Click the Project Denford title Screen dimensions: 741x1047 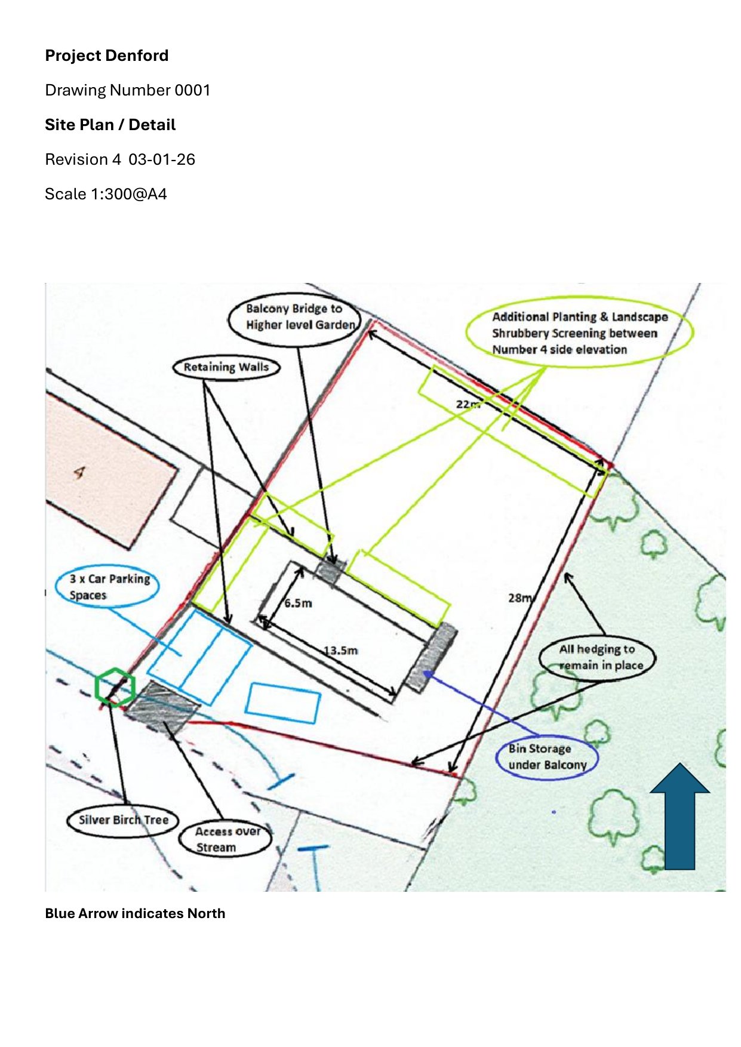107,56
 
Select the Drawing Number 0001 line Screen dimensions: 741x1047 128,90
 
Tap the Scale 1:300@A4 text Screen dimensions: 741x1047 106,194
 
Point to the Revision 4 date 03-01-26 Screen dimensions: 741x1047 162,159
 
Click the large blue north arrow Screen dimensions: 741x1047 679,816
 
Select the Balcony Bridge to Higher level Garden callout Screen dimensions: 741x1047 295,318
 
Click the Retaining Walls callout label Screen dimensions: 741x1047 226,367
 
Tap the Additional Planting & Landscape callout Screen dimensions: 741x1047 579,332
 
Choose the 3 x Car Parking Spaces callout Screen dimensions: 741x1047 108,587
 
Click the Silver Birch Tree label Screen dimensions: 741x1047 124,820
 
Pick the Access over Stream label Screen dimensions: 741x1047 226,839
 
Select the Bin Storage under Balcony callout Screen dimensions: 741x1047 547,757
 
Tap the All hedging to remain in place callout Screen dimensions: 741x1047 597,657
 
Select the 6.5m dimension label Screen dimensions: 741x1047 298,603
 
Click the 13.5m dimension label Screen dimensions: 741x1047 340,650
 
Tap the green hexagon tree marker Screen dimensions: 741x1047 115,687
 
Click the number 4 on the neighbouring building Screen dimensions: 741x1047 79,473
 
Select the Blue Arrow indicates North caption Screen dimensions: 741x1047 135,913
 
